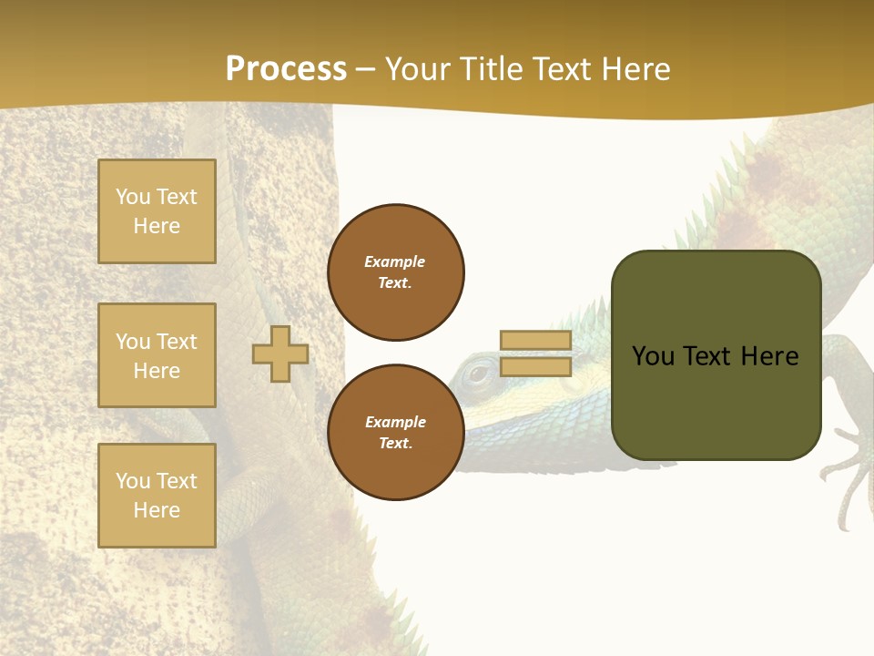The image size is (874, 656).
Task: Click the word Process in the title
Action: [286, 68]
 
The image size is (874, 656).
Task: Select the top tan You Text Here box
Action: [157, 211]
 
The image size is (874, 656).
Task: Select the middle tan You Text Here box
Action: [157, 355]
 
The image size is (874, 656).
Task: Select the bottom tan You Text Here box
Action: [157, 496]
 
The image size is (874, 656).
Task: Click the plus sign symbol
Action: [280, 354]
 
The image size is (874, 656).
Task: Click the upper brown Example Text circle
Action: [396, 272]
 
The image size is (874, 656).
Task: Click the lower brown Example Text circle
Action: [396, 433]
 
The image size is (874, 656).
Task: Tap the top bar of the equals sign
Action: [535, 341]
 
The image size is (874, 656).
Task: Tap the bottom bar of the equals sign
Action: [535, 366]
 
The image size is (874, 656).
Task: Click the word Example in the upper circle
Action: [394, 261]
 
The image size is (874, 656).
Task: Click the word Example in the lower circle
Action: [395, 422]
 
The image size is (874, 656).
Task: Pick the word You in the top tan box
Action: [133, 197]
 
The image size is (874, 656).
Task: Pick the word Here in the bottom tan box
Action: [157, 510]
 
